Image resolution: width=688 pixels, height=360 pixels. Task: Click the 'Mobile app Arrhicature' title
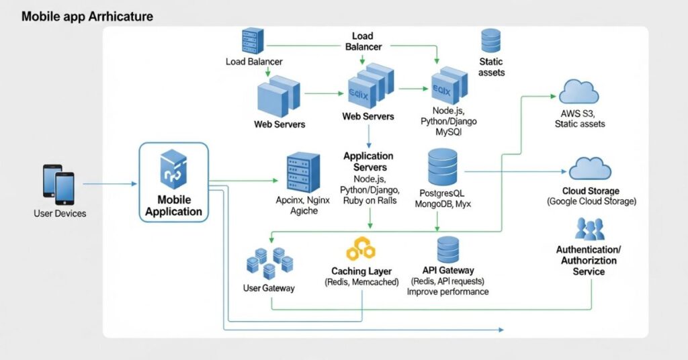(87, 15)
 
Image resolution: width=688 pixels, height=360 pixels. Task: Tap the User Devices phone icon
(58, 183)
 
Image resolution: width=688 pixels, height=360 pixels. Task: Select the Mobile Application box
(174, 182)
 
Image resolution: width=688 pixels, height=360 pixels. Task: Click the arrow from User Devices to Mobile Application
(110, 183)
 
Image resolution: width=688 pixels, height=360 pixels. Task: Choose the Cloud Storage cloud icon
(589, 168)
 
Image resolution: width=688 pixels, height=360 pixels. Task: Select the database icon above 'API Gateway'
(448, 250)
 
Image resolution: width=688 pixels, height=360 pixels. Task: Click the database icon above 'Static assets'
(491, 42)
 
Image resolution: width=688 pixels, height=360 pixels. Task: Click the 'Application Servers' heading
(368, 161)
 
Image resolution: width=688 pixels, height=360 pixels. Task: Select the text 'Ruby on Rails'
(370, 201)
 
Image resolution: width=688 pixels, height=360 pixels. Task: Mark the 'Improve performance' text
(448, 292)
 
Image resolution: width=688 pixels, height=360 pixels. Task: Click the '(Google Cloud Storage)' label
(591, 201)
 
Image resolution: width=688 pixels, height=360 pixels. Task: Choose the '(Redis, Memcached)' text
(361, 282)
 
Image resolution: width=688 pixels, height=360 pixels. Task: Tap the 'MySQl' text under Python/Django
(449, 132)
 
